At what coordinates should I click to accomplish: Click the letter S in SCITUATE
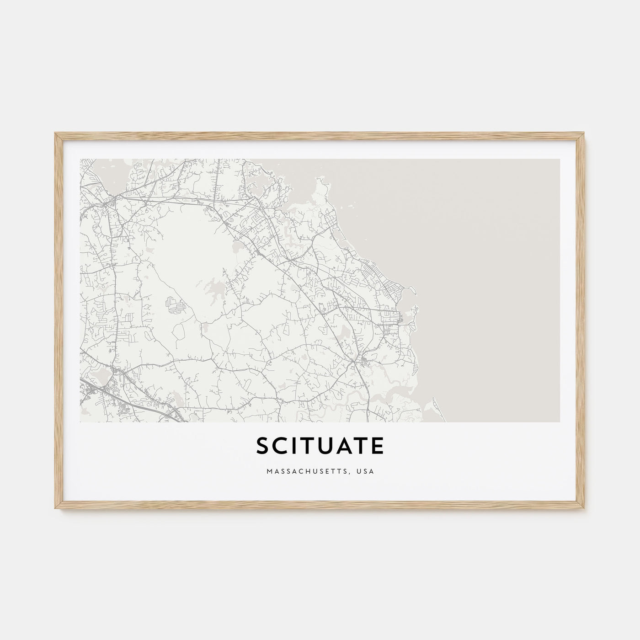click(x=262, y=447)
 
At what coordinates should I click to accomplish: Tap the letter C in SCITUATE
click(x=281, y=447)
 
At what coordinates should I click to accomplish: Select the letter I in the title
click(x=296, y=447)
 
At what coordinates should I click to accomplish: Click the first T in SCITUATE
click(x=311, y=447)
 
